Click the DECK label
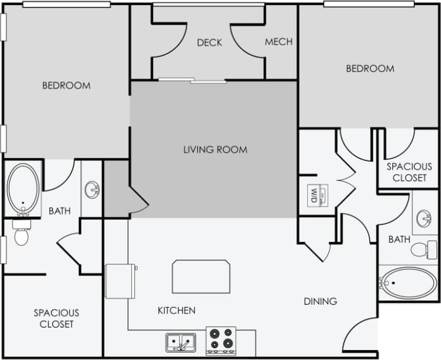pos(210,42)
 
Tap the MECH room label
pos(278,42)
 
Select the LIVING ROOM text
pos(215,149)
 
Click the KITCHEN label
pos(177,310)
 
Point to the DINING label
pos(320,301)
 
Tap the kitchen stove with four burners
pos(221,341)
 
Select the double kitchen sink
pos(180,343)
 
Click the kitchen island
pos(201,277)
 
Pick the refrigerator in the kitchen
pos(121,281)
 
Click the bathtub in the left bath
pos(23,187)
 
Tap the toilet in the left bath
pos(21,235)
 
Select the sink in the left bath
pos(92,188)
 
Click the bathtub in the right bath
pos(408,284)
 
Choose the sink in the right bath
pos(425,218)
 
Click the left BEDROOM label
pos(66,85)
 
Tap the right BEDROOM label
pos(370,68)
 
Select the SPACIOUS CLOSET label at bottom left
pos(56,318)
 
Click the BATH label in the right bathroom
pos(399,239)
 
